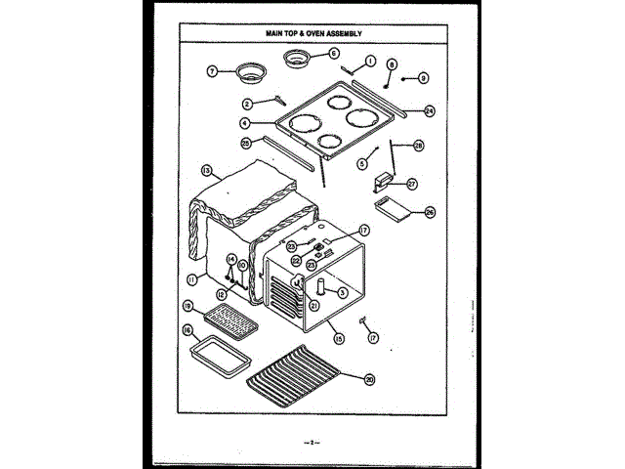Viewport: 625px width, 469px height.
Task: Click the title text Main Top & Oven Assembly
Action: coord(312,33)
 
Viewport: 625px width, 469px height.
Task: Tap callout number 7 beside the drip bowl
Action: coord(210,70)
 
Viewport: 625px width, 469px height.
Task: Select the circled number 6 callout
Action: coord(333,54)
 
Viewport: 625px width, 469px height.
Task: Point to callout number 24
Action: coord(429,111)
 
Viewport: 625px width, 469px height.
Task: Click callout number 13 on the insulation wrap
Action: coord(207,170)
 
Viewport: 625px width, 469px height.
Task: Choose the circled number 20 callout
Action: coord(369,380)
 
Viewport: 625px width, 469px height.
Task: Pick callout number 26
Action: coord(430,212)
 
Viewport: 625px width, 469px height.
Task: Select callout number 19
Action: coord(186,306)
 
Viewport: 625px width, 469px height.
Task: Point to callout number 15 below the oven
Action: coord(339,339)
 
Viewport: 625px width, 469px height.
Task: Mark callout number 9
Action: coord(423,77)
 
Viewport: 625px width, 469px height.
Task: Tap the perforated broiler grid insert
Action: coord(228,318)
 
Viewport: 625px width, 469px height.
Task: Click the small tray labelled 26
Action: coord(394,209)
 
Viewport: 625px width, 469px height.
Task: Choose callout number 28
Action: coord(418,146)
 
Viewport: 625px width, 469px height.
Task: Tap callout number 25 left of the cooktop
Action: coord(247,143)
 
